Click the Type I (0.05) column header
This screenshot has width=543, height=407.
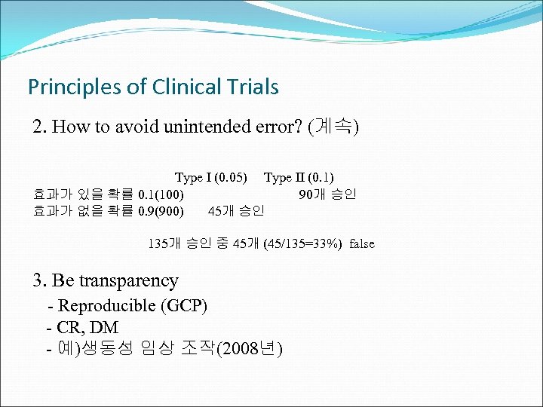(211, 178)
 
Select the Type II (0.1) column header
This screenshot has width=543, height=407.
(299, 178)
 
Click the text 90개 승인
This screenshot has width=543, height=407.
(327, 194)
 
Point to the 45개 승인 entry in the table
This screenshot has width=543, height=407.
(235, 211)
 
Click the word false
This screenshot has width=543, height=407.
(361, 243)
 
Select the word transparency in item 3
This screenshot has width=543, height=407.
(128, 281)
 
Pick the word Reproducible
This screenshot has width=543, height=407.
(106, 306)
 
